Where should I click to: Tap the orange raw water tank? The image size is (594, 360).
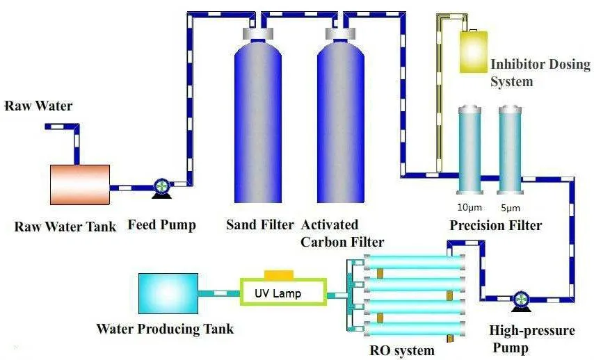tap(80, 185)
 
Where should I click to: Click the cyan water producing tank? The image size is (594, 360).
tap(168, 293)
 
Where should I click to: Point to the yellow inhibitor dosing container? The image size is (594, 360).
tap(474, 51)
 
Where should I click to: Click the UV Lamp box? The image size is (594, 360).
tap(283, 292)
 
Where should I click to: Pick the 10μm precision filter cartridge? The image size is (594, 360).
tap(469, 150)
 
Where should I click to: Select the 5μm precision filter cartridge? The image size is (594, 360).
tap(510, 150)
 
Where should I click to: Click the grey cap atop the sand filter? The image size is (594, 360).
tap(258, 33)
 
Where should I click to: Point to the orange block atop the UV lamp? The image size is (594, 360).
tap(279, 275)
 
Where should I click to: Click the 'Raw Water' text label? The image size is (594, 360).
tap(38, 106)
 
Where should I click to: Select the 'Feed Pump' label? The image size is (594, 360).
tap(162, 225)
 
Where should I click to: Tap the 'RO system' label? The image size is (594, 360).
tap(402, 350)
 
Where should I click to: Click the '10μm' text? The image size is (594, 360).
tap(469, 207)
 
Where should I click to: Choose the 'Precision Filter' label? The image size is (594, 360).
tap(495, 225)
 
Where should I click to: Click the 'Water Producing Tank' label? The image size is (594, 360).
tap(165, 329)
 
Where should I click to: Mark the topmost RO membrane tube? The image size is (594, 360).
tap(415, 262)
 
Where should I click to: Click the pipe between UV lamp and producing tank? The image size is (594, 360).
tap(219, 293)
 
